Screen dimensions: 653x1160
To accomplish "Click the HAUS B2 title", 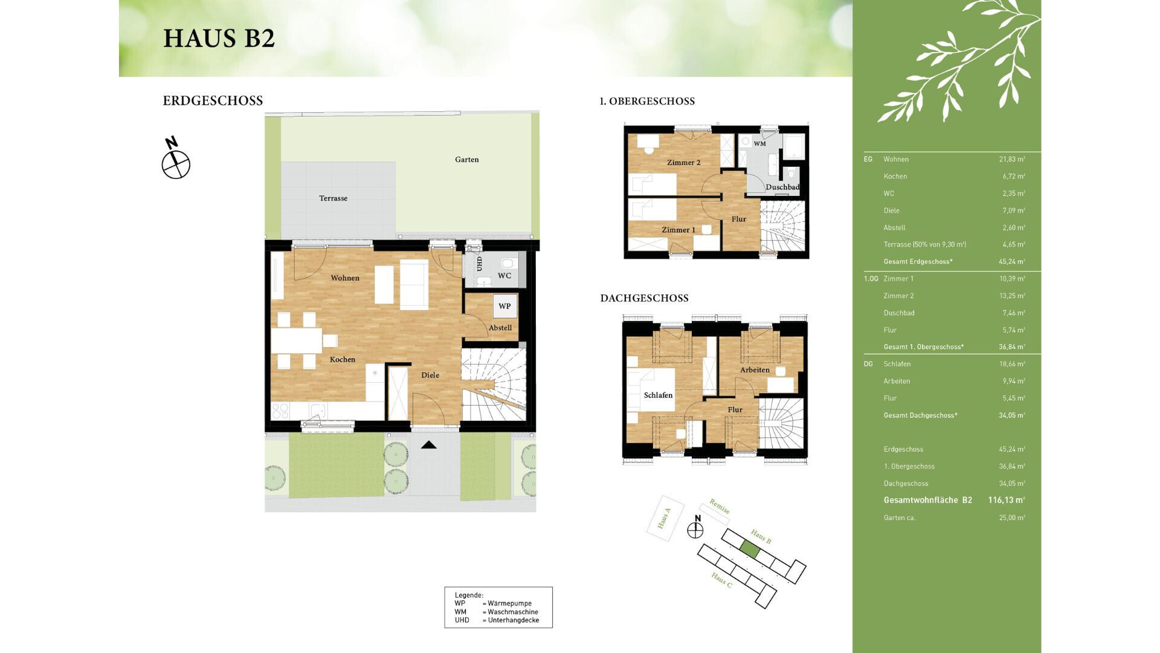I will (x=219, y=38).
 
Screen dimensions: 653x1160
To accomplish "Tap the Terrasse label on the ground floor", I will (x=333, y=198).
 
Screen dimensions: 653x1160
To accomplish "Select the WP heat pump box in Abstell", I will (x=504, y=306).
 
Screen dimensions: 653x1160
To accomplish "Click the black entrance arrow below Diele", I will (x=429, y=445).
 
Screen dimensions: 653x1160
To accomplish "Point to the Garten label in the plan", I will (x=466, y=160).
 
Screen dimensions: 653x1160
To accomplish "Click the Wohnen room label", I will (x=345, y=278).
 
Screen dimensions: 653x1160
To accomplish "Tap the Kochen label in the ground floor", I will (x=343, y=359).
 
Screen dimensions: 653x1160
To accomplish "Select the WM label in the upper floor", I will (x=759, y=144).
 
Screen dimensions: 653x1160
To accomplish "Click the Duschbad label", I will (x=782, y=187).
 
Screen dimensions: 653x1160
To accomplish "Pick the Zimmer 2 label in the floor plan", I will (x=683, y=163).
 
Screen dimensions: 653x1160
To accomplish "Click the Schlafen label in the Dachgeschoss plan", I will (x=658, y=395).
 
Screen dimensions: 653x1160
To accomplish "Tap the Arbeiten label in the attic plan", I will (x=755, y=370).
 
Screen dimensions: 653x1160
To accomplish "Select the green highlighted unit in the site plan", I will (x=749, y=550).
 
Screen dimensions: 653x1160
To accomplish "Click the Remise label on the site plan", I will (x=719, y=507).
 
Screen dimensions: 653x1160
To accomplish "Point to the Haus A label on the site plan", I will (x=664, y=519).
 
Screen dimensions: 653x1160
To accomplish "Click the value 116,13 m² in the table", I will (x=1006, y=500).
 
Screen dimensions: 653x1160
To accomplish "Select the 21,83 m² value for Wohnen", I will (x=1011, y=159).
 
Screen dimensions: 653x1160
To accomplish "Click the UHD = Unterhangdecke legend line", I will (x=497, y=620).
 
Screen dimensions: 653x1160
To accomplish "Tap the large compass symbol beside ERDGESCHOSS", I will (x=176, y=164).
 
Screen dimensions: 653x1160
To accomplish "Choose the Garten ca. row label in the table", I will (x=899, y=518).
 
